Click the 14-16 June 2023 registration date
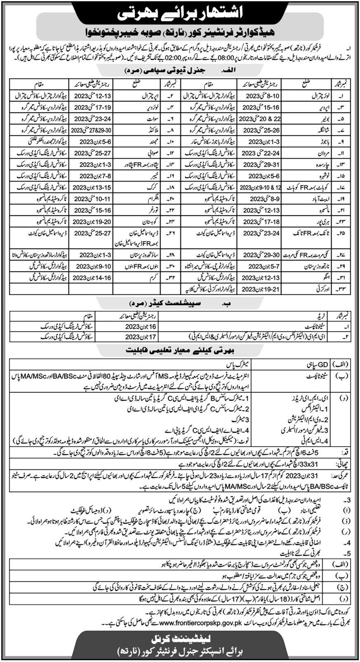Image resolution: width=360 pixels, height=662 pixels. pos(86,278)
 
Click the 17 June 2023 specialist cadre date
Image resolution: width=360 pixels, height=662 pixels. pos(122,336)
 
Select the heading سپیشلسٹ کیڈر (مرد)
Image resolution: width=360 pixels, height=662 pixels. pos(180,307)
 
